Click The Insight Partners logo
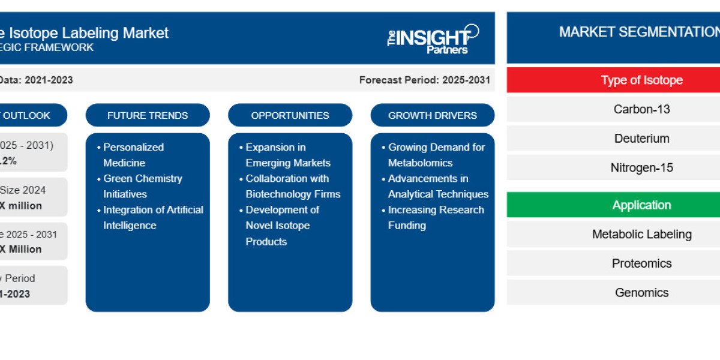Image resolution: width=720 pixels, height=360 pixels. tap(433, 39)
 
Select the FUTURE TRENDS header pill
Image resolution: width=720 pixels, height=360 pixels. tap(148, 115)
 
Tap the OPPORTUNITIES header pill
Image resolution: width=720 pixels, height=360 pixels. tap(290, 115)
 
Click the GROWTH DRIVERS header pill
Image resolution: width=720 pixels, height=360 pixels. tap(433, 115)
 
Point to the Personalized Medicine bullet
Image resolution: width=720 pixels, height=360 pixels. tap(133, 155)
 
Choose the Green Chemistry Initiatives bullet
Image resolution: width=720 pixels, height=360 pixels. tap(142, 186)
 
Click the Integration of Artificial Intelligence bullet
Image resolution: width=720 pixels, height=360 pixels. tap(152, 217)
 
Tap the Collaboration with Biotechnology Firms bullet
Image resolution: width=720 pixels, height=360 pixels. tap(292, 186)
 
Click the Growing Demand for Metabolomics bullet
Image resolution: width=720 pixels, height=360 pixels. tap(436, 155)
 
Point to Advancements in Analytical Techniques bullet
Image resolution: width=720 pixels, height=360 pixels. tap(437, 186)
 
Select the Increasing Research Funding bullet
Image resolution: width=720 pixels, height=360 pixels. tap(435, 217)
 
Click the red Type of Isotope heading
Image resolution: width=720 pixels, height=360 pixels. tap(641, 80)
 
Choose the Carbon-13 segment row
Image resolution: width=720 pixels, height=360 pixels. tap(641, 109)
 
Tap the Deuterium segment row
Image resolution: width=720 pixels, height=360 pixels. tap(641, 138)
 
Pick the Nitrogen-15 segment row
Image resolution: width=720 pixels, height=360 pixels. tap(641, 167)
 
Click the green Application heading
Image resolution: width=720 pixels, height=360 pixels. tap(641, 205)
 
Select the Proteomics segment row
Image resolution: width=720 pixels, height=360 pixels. tap(641, 263)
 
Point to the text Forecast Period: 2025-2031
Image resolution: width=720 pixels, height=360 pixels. tap(424, 80)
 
